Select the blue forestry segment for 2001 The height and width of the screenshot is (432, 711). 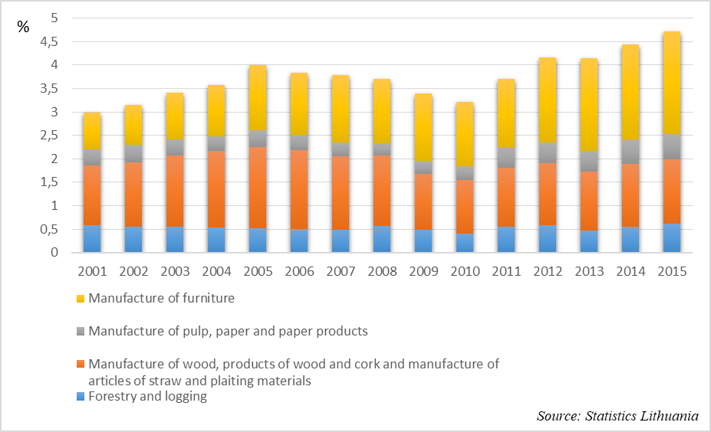[x=92, y=238]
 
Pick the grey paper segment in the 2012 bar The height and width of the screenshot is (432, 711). [x=548, y=152]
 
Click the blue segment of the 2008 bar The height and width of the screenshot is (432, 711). [x=382, y=239]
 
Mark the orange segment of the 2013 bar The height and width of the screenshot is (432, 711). [x=589, y=201]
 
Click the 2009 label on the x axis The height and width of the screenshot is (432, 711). [x=423, y=271]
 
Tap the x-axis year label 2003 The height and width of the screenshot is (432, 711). [x=175, y=271]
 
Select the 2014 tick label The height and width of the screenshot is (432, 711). [x=630, y=271]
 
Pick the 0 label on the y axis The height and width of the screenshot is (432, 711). [x=55, y=253]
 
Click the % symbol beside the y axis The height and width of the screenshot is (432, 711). [x=23, y=28]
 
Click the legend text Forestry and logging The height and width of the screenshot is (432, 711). [x=148, y=396]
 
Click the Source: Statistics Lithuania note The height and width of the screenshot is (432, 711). [x=617, y=416]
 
